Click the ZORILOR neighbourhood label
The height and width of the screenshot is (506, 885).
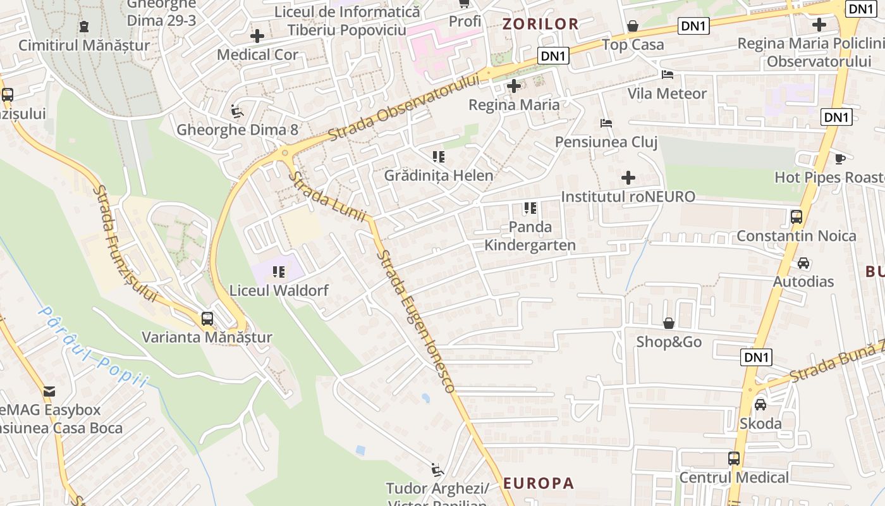(540, 25)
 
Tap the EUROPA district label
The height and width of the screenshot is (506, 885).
(539, 483)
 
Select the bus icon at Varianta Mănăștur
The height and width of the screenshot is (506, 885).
(207, 319)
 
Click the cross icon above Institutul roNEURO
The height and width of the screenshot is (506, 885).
(628, 178)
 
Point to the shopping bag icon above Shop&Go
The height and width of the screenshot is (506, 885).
(669, 324)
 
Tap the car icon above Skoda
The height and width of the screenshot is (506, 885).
(760, 404)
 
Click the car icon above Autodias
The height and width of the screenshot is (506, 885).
(803, 262)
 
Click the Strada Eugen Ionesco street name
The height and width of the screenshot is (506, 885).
(415, 321)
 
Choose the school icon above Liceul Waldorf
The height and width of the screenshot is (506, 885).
(279, 273)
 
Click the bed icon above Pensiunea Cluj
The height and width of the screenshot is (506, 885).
(606, 123)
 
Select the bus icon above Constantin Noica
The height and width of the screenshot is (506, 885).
(796, 217)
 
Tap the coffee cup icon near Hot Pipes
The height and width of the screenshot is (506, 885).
(839, 159)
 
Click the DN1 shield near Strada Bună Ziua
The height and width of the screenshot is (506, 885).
(757, 357)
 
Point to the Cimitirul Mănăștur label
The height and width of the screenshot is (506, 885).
(84, 46)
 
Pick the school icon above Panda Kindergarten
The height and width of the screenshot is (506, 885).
(530, 207)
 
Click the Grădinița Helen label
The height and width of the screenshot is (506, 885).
(439, 175)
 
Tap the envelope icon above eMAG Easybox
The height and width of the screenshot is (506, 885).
(49, 392)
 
